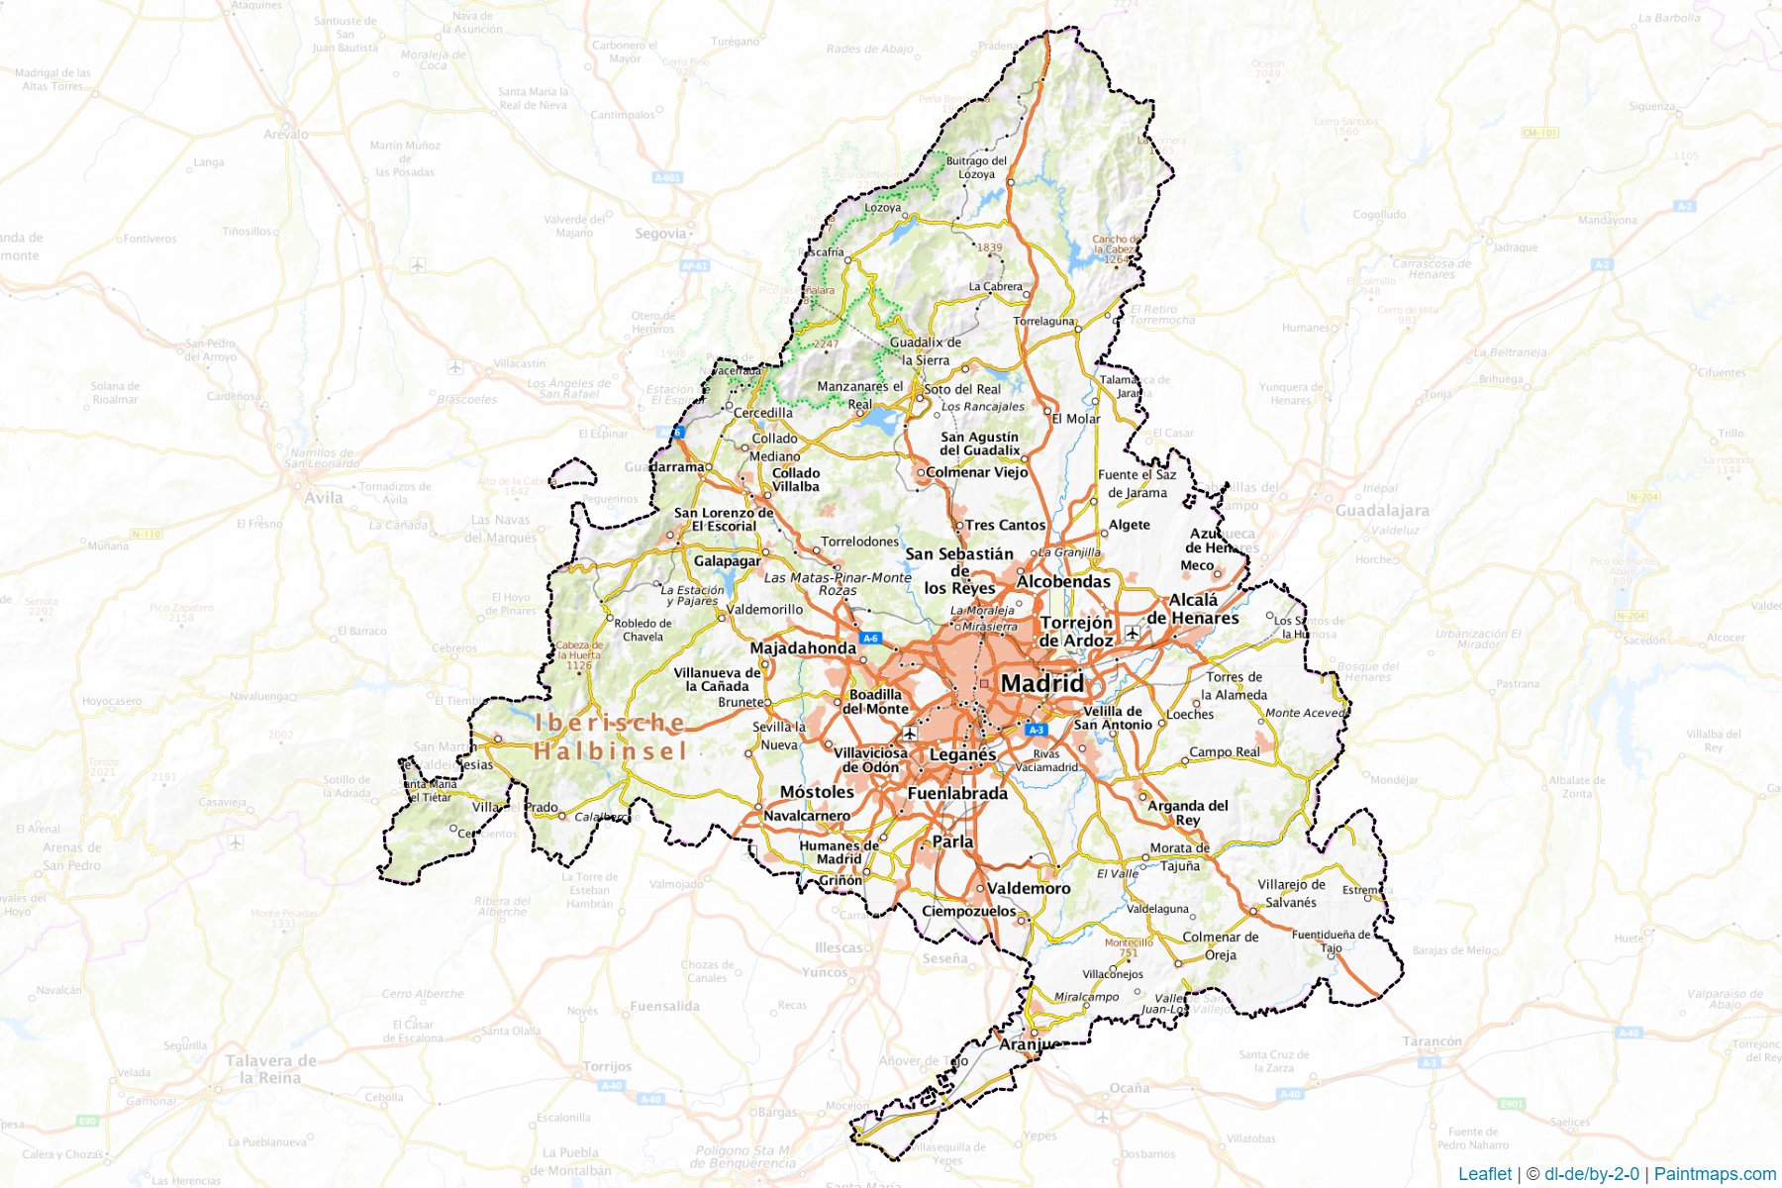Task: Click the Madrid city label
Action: [x=1041, y=683]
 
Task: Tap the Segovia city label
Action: [x=660, y=234]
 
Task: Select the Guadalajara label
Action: [x=1382, y=511]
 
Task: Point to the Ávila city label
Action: [x=324, y=497]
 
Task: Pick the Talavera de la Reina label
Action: [x=270, y=1069]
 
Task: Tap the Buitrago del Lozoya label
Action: [x=976, y=167]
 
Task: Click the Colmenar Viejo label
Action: [x=976, y=472]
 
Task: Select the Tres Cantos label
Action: [x=1005, y=525]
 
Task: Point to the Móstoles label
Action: [x=817, y=792]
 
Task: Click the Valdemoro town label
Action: [x=1029, y=888]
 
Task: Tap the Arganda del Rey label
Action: [x=1187, y=812]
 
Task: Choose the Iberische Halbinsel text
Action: [x=610, y=737]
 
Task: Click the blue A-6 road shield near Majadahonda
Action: [x=870, y=638]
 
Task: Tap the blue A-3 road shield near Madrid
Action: [x=1036, y=730]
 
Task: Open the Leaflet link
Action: [x=1484, y=1174]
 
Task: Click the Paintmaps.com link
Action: [x=1715, y=1174]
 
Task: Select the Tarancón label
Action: [x=1432, y=1041]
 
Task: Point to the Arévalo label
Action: [x=286, y=134]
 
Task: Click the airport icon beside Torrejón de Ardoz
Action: [x=1132, y=633]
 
